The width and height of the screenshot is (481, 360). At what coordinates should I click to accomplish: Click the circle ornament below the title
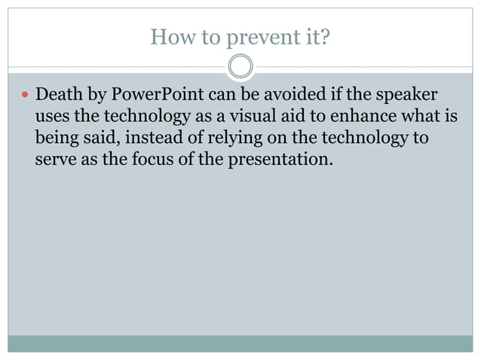[x=240, y=67]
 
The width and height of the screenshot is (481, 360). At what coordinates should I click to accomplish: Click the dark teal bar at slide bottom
[x=240, y=343]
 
